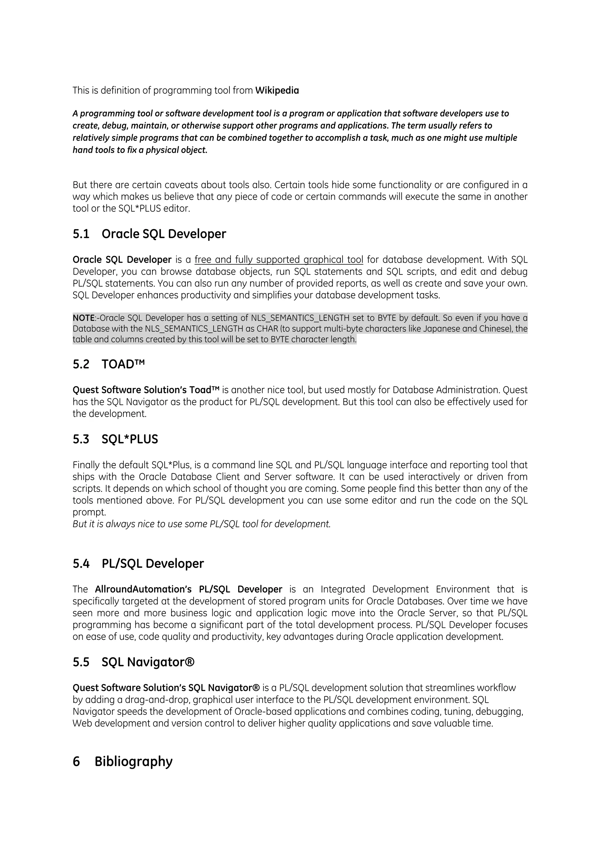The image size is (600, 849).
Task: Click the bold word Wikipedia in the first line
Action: coord(277,91)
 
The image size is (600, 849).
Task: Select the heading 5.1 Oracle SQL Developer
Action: coord(149,234)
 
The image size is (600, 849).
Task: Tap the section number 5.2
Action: coord(81,365)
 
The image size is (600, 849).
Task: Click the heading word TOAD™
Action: coord(123,365)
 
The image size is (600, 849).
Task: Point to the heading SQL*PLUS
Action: coord(129,439)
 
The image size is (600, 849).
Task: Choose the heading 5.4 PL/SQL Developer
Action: coord(138,564)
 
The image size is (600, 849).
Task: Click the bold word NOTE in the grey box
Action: coord(83,318)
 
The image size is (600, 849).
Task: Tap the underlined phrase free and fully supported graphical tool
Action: coord(279,260)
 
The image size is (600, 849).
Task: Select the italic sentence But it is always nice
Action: coord(202,524)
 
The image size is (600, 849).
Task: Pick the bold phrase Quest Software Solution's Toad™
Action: coord(146,390)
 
